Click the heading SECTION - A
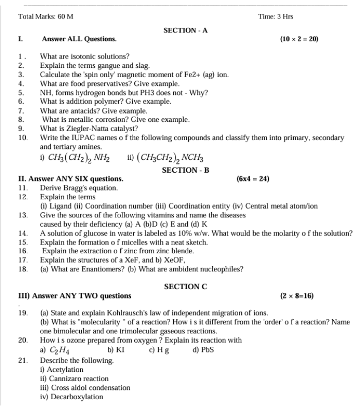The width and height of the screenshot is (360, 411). tap(185, 31)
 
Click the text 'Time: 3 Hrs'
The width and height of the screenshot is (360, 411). tap(276, 16)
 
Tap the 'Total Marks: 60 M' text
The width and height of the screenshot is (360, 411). tap(45, 16)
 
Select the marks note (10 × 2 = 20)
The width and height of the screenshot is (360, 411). tap(299, 39)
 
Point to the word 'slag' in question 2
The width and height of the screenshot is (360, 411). tap(141, 66)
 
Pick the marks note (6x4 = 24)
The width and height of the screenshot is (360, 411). tap(253, 179)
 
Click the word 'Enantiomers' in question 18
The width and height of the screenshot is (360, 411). tap(92, 269)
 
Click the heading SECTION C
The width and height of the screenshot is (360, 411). tap(185, 287)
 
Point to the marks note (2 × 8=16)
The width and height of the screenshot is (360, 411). tap(297, 296)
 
